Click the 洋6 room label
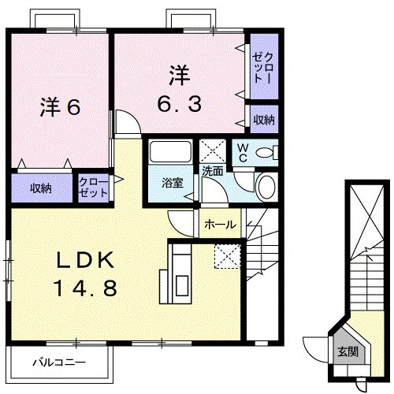tap(59, 108)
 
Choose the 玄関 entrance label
tap(348, 351)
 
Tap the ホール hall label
tap(220, 225)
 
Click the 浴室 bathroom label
tap(173, 183)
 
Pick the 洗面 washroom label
tap(212, 169)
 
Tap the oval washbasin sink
tap(267, 188)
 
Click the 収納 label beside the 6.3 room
tap(263, 120)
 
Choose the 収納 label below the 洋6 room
tap(41, 188)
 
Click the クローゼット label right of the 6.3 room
tap(262, 67)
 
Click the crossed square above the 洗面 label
tap(212, 150)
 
